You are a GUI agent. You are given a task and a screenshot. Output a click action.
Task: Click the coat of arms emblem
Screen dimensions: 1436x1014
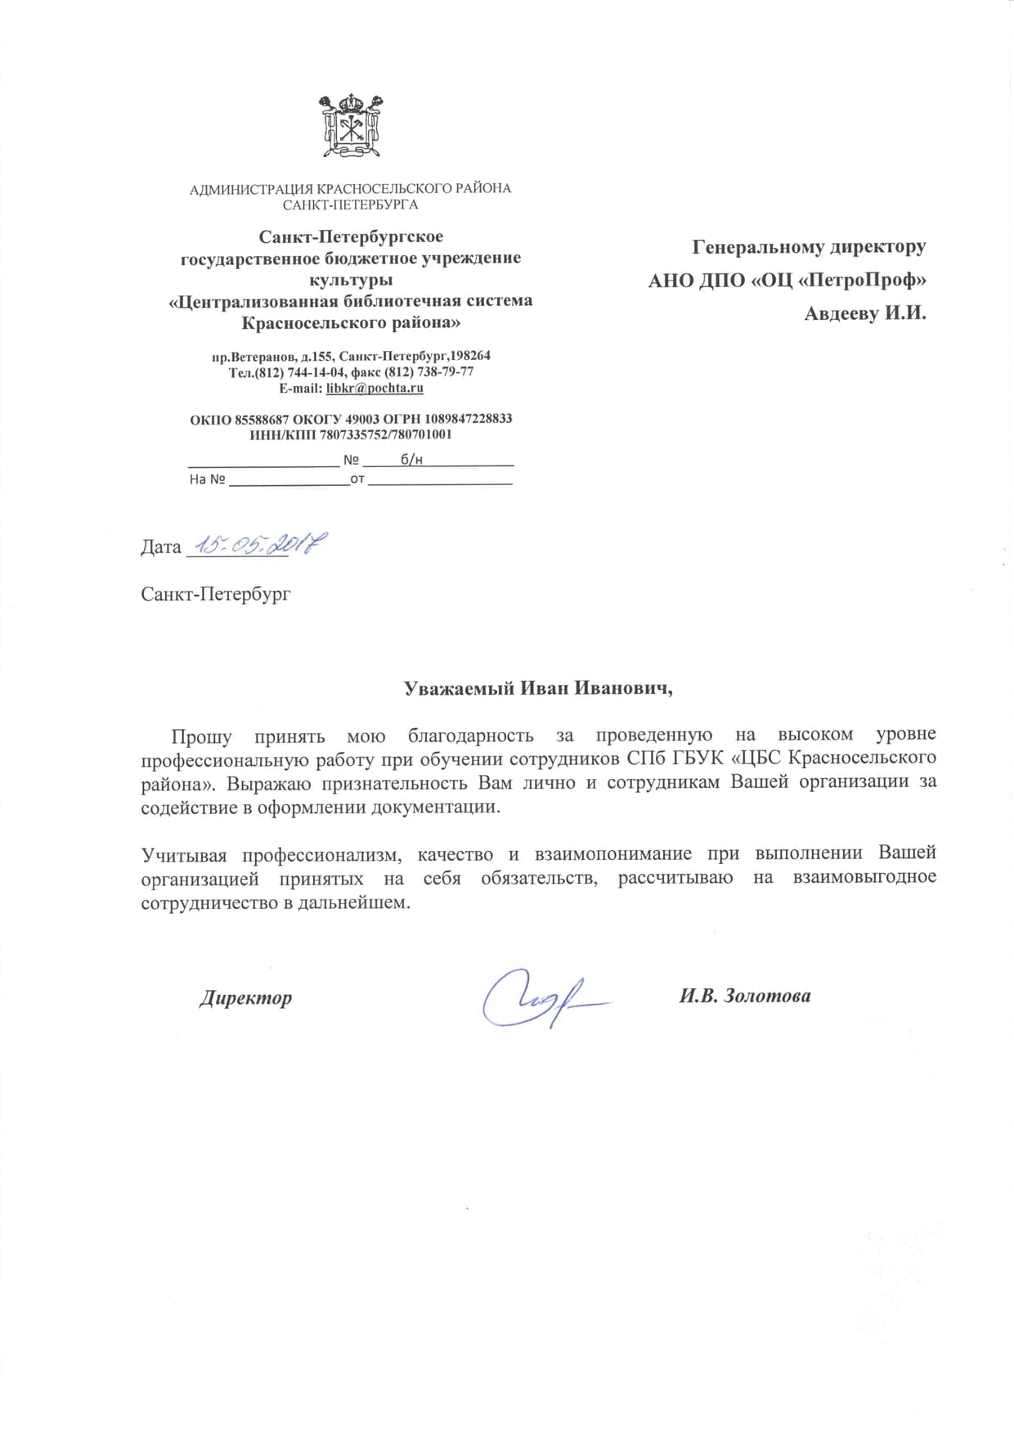click(351, 126)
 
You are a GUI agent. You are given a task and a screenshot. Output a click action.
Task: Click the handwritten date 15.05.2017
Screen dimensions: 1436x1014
click(255, 544)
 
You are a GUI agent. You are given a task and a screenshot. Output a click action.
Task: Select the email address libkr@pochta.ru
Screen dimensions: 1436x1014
click(375, 388)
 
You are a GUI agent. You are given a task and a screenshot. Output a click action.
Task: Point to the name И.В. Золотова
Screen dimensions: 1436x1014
click(745, 996)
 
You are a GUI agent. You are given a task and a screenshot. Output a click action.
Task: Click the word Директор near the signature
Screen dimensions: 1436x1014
click(245, 998)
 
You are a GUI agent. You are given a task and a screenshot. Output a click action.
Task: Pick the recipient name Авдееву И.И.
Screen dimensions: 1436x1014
click(864, 313)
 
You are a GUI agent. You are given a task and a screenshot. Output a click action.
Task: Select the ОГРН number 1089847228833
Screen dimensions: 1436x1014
click(468, 418)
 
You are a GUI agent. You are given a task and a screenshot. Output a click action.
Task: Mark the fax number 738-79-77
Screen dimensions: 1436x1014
click(446, 371)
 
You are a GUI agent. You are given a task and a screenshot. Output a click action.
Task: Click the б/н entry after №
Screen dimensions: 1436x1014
click(411, 460)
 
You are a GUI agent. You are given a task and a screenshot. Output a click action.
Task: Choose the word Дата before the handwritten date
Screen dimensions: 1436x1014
click(160, 547)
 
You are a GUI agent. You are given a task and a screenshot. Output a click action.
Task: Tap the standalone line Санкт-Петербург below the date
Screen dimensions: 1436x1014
click(215, 593)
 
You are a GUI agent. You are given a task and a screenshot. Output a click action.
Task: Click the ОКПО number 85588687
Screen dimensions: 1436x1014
click(262, 418)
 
